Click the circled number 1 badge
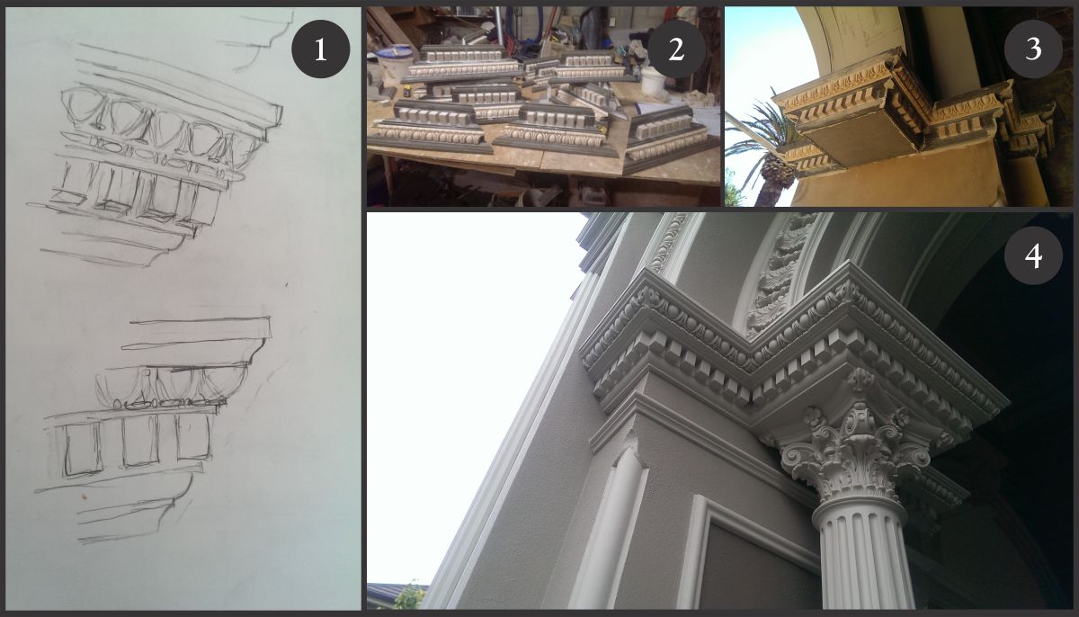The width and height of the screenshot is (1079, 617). pos(320,49)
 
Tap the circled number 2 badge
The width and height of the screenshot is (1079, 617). pos(676,49)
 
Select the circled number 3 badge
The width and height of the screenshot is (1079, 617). pos(1033,49)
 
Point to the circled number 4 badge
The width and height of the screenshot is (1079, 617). pos(1033,255)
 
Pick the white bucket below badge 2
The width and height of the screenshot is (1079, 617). pos(653,80)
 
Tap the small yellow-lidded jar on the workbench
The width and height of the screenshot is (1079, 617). pos(407,91)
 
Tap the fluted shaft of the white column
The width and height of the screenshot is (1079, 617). pos(862,559)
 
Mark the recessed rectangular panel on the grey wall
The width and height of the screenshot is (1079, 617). pos(752,559)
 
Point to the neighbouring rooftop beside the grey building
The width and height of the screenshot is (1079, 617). pos(397,595)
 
